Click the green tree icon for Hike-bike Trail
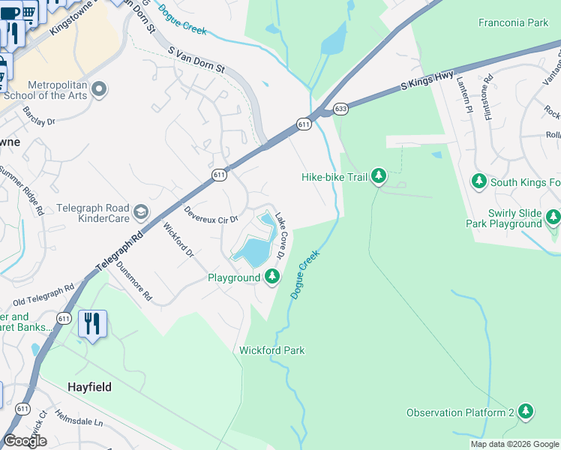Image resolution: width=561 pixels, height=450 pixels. click(379, 177)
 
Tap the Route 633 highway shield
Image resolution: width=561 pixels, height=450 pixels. click(341, 109)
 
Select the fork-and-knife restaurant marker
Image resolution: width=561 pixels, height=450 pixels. click(92, 324)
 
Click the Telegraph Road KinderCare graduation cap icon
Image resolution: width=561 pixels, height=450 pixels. click(140, 214)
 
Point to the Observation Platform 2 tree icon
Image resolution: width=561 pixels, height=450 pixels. click(526, 412)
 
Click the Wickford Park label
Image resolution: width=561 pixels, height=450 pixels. click(271, 350)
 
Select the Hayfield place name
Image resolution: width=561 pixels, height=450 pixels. click(89, 387)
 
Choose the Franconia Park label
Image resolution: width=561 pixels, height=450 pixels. click(513, 23)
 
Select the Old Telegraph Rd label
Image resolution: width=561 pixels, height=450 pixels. click(43, 295)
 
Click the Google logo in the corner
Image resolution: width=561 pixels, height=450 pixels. click(25, 441)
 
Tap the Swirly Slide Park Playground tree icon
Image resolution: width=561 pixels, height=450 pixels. click(553, 217)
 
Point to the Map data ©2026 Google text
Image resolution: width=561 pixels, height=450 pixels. click(514, 444)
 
